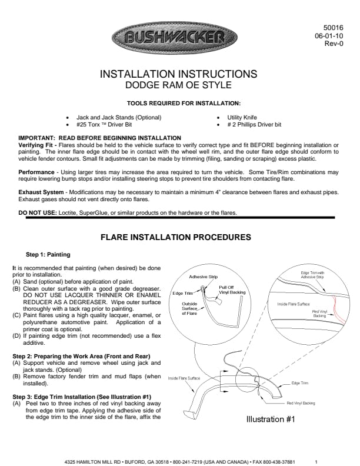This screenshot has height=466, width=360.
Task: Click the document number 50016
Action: coord(334,28)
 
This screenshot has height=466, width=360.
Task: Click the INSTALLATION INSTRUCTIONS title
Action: coord(179,74)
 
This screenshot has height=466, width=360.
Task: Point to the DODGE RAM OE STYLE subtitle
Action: coord(179,85)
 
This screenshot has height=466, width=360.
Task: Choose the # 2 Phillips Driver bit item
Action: coord(254,125)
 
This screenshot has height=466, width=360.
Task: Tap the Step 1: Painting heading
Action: coord(48,255)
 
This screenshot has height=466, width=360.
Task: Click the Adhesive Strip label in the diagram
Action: coord(203,276)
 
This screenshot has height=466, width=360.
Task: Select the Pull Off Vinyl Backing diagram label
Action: coord(232,289)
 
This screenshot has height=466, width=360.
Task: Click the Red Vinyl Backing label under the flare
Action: coord(301,403)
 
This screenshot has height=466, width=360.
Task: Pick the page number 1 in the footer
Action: coord(316,462)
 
